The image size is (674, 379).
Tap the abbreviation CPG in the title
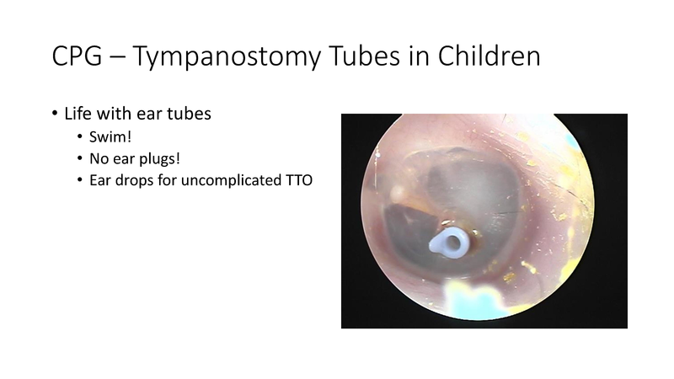pos(75,59)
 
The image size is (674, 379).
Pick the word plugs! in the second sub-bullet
pos(157,158)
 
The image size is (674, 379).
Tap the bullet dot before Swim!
pos(79,138)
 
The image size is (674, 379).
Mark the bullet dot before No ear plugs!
pos(79,158)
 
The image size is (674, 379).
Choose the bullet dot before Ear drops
pos(79,179)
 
